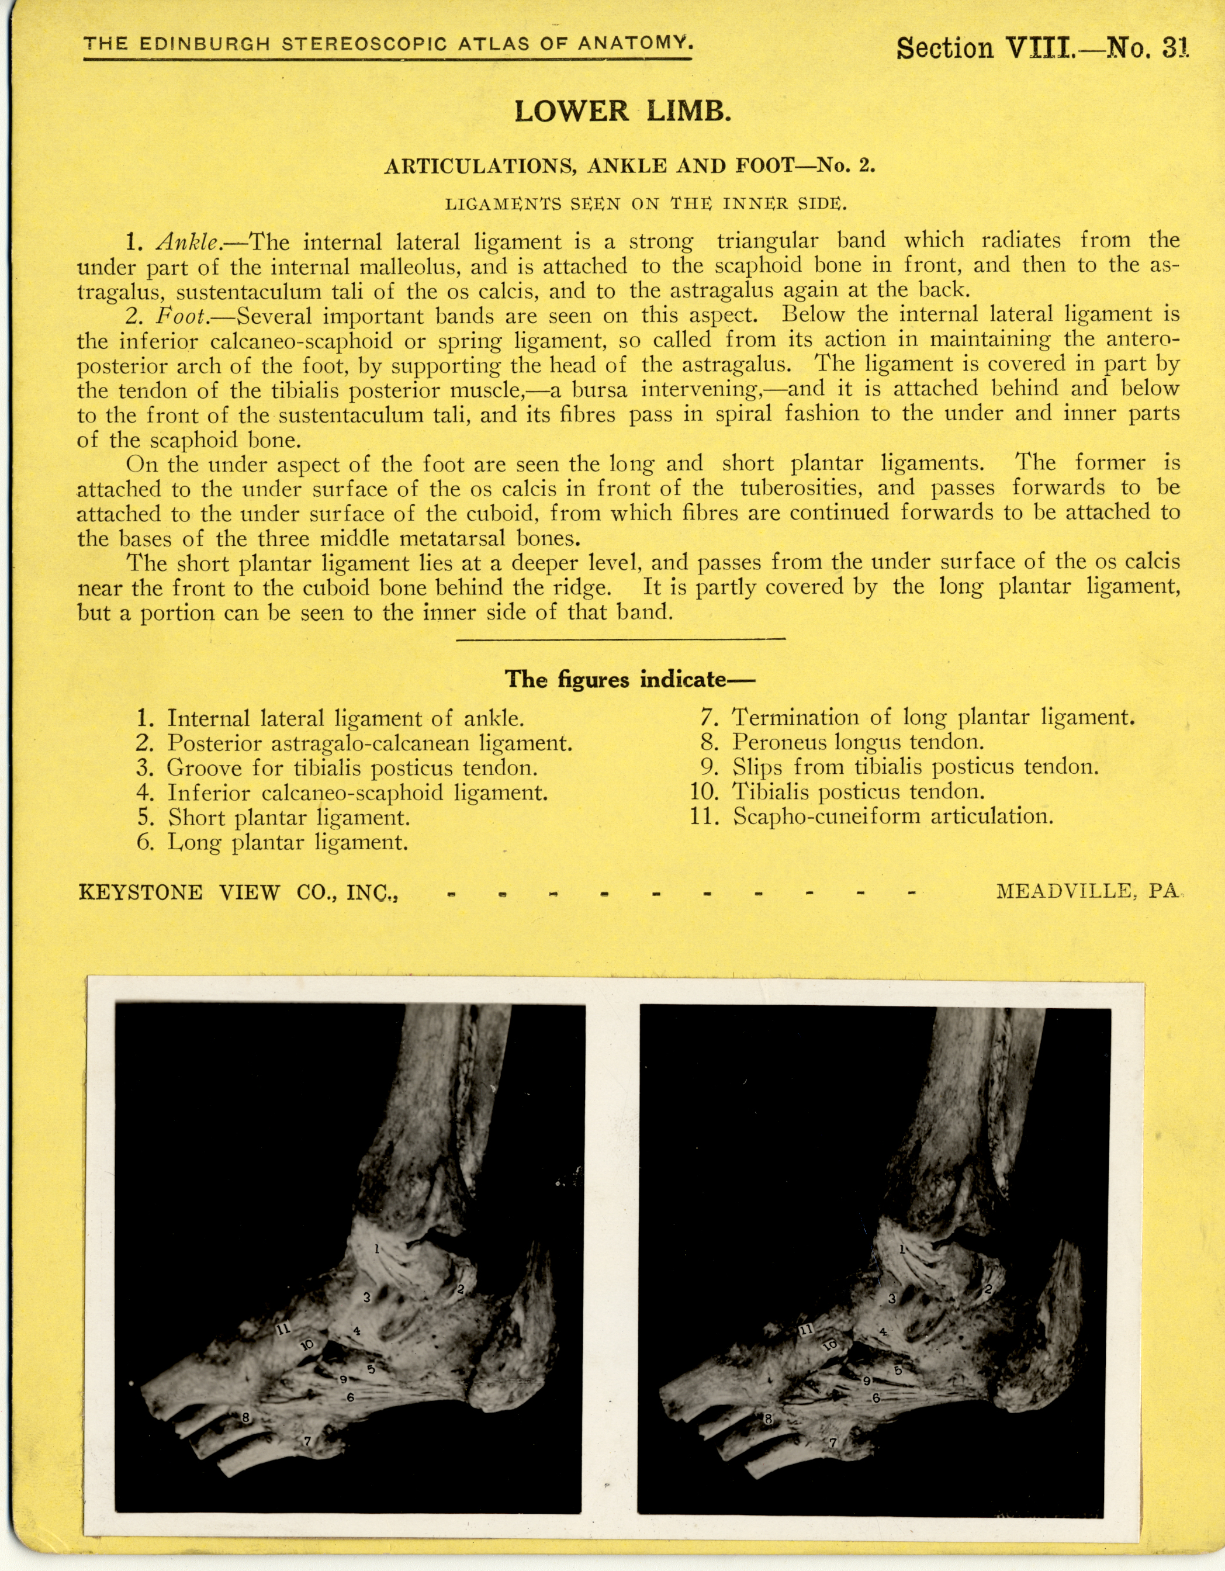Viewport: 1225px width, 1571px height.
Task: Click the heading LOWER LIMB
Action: click(x=623, y=112)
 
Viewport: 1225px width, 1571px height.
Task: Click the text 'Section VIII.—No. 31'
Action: click(x=1042, y=47)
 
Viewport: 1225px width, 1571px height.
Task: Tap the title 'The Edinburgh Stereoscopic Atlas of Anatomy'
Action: click(x=389, y=44)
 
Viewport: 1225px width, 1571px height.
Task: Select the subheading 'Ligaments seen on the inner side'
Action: click(x=646, y=203)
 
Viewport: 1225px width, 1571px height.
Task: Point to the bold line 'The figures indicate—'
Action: click(x=629, y=679)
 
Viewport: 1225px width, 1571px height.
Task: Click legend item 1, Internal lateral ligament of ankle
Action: click(x=331, y=718)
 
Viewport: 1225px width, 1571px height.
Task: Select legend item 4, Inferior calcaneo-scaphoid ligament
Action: click(x=342, y=793)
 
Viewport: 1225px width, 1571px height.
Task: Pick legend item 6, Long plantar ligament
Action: click(x=274, y=842)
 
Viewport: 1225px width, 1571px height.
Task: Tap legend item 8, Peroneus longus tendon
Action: click(x=842, y=742)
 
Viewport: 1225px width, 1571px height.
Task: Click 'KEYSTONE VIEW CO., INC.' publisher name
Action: click(x=238, y=892)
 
